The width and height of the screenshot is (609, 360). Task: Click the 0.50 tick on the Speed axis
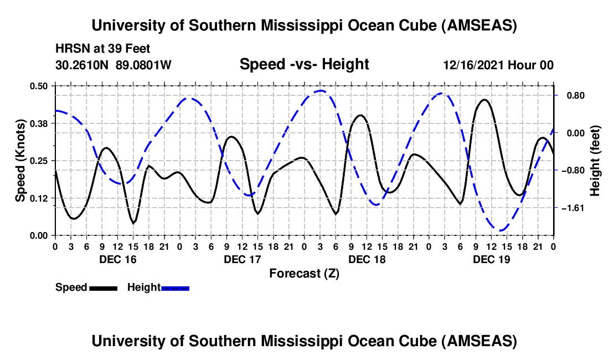[42, 85]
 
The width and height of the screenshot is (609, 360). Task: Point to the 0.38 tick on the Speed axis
[42, 122]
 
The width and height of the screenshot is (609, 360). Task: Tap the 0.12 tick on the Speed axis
[42, 198]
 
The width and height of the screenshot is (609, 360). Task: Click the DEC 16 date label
[117, 259]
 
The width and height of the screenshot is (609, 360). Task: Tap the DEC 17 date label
[241, 259]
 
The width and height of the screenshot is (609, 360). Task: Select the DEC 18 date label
[367, 259]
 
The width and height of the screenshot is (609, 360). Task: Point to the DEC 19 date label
[491, 259]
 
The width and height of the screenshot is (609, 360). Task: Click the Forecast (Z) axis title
[304, 273]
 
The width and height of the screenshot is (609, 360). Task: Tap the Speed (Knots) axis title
[20, 161]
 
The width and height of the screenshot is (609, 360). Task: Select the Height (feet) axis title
[595, 161]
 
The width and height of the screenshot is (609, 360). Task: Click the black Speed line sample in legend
[103, 288]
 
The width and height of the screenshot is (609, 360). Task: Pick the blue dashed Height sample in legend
[176, 288]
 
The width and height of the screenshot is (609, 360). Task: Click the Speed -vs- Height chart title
[304, 65]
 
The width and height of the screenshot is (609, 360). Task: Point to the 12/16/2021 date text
[472, 65]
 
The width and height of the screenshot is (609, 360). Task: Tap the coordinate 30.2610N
[82, 65]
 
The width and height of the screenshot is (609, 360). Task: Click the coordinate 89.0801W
[144, 65]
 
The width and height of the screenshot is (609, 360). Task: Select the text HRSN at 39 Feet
[103, 49]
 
